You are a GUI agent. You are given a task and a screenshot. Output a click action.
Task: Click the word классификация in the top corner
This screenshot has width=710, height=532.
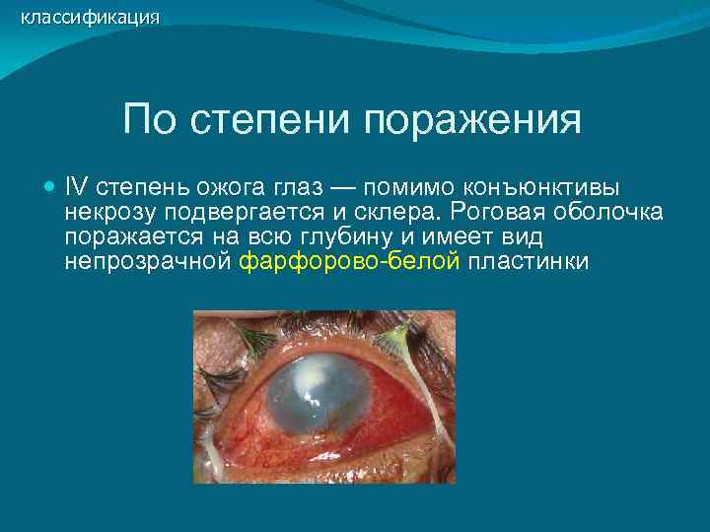pos(90,17)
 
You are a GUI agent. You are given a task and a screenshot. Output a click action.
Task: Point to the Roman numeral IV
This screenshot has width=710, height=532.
pos(76,187)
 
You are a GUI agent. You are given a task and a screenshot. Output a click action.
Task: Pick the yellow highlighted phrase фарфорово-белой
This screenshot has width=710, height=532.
pos(350,262)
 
